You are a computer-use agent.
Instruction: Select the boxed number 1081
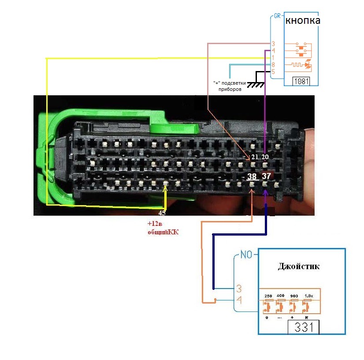(301, 82)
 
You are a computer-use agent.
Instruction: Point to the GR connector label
(277, 16)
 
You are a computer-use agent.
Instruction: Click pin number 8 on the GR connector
(274, 65)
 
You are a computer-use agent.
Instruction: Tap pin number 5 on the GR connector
(274, 72)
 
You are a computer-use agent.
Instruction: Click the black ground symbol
(255, 83)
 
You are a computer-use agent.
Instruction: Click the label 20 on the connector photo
(265, 157)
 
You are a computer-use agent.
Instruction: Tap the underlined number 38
(252, 177)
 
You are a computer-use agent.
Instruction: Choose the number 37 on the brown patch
(266, 176)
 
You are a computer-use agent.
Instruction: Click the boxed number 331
(303, 328)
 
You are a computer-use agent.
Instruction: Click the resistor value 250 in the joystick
(267, 296)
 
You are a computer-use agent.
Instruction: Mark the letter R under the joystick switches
(306, 318)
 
